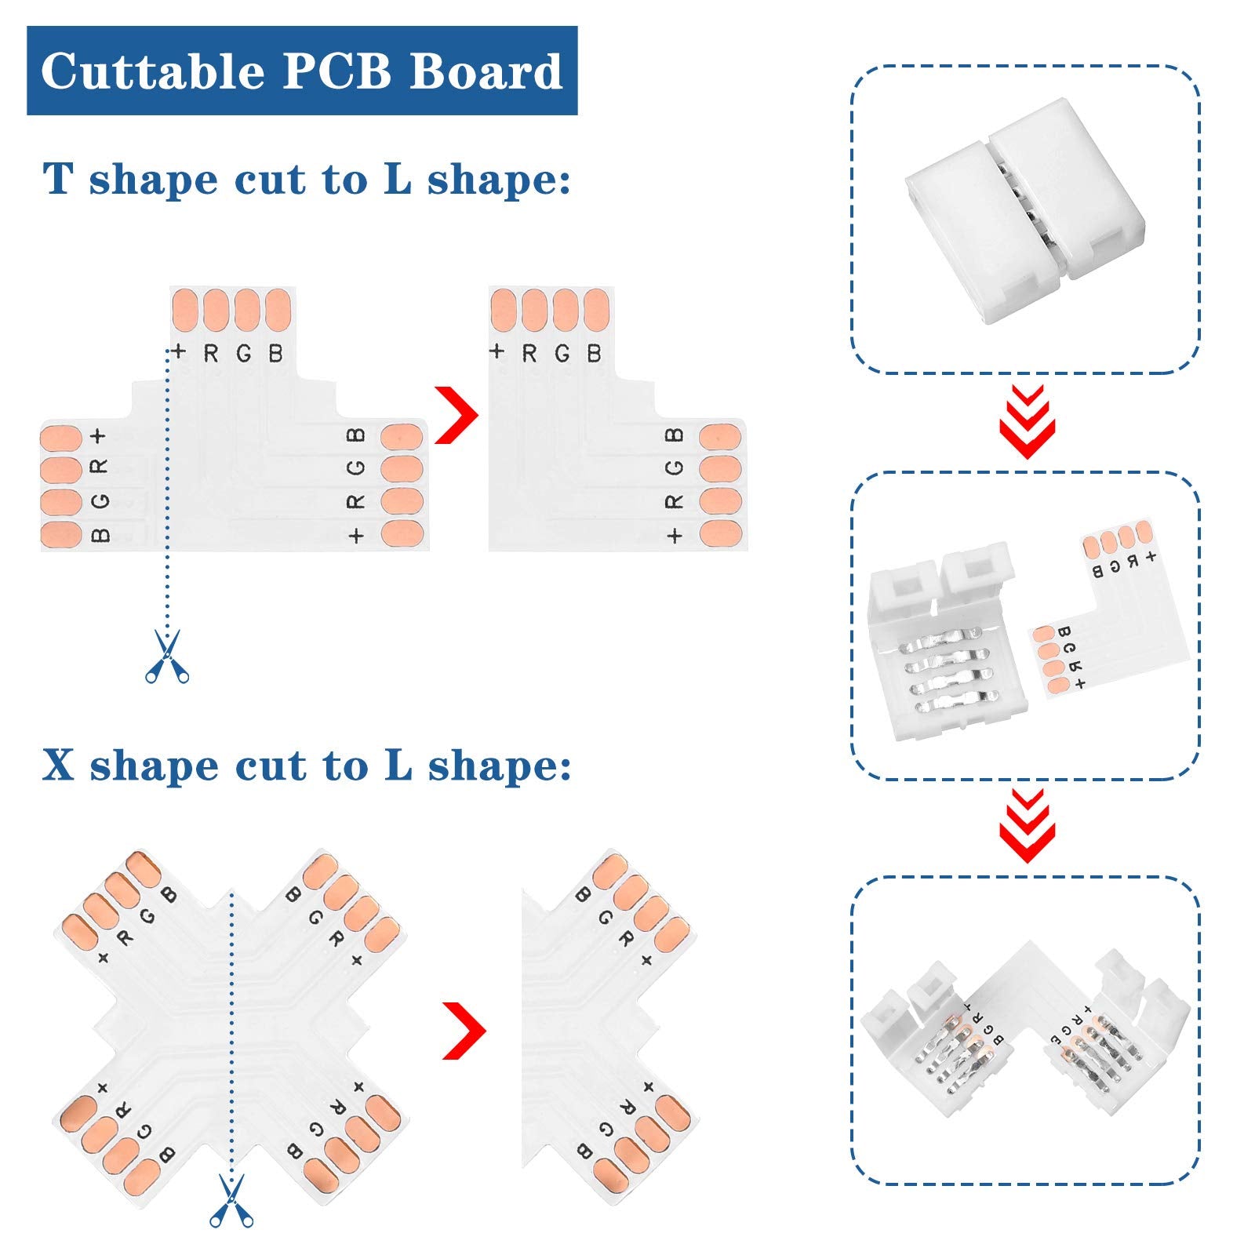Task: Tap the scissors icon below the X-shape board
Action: [231, 1200]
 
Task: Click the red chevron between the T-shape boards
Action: [457, 415]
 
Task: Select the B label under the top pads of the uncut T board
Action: [275, 354]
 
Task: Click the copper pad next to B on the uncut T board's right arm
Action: [402, 437]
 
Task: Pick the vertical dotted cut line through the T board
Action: [167, 486]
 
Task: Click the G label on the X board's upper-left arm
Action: [147, 917]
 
